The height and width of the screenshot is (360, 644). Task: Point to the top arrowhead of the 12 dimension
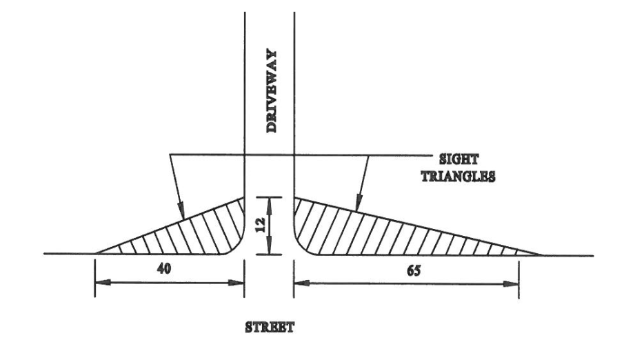[270, 201]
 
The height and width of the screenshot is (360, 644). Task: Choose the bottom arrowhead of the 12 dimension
[270, 250]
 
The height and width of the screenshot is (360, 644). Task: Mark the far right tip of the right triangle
[541, 254]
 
